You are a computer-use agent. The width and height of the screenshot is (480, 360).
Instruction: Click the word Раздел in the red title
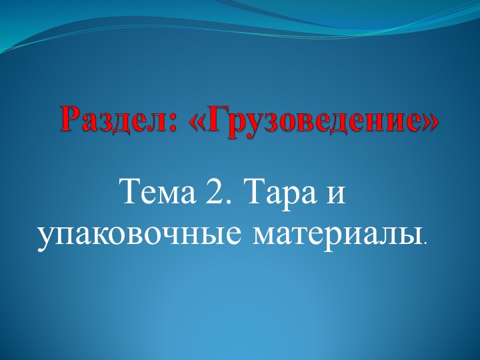[x=115, y=120]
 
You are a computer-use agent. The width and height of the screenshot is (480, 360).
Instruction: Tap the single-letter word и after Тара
[x=337, y=195]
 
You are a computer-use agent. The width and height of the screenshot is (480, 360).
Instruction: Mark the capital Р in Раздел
[x=70, y=119]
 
